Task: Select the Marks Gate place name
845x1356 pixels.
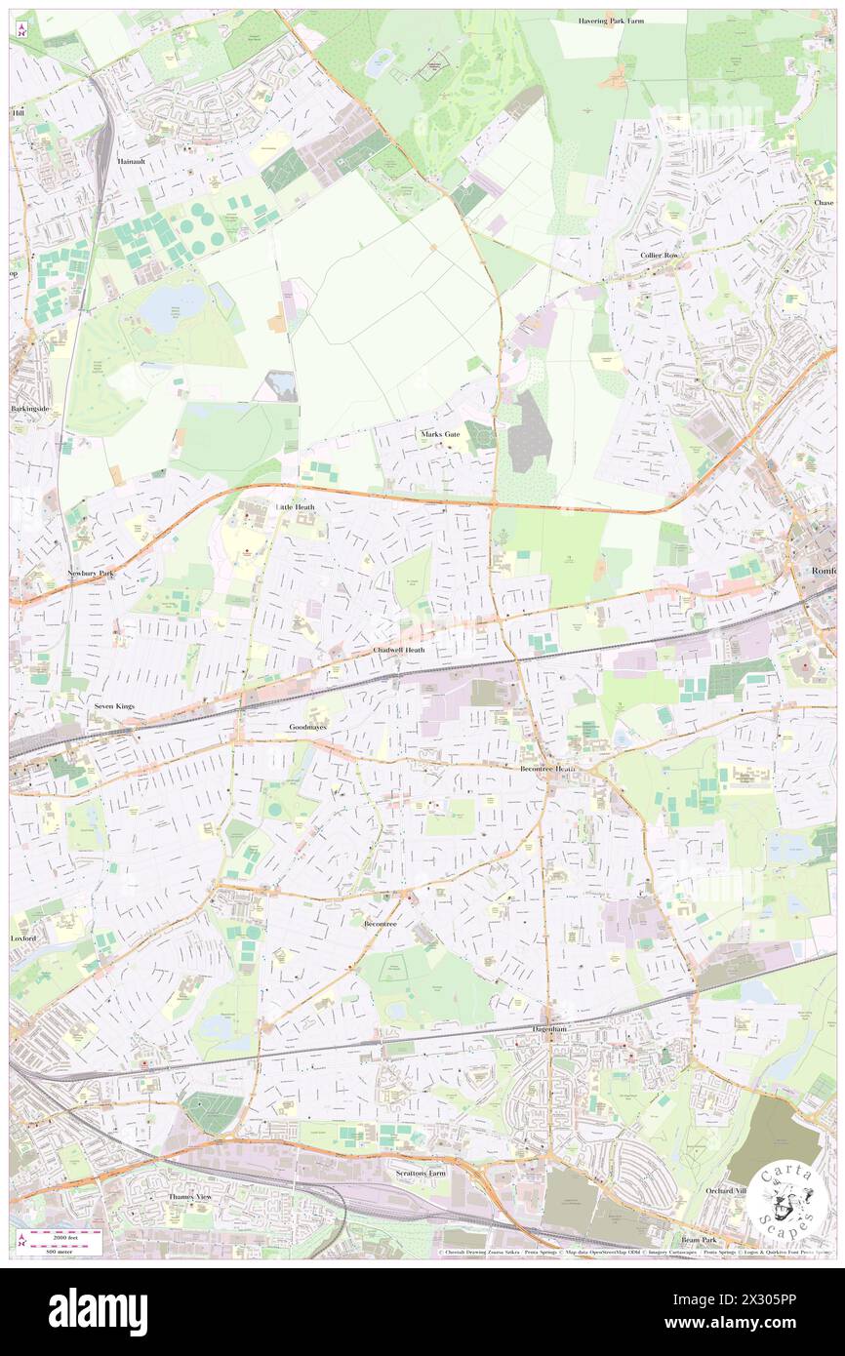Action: click(x=439, y=433)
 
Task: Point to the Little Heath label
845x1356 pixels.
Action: click(x=295, y=507)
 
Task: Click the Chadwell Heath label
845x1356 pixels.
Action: click(x=399, y=649)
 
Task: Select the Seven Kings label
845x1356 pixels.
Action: click(x=113, y=704)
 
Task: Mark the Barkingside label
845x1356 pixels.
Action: click(x=29, y=408)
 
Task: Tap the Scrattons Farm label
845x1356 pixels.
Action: click(x=420, y=1173)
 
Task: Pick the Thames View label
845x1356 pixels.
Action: click(x=189, y=1195)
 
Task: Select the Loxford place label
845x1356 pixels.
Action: click(x=23, y=937)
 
